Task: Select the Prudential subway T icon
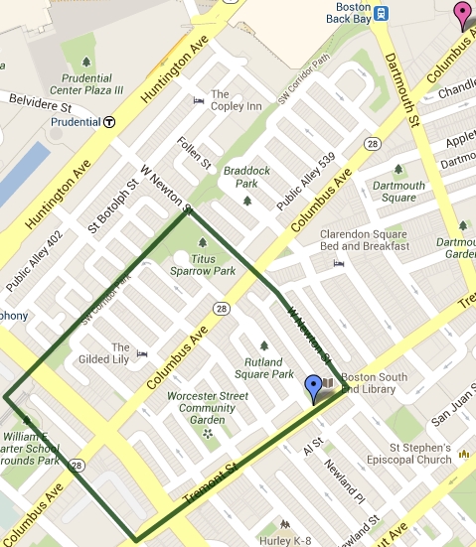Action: pyautogui.click(x=109, y=122)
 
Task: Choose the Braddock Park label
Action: pyautogui.click(x=246, y=177)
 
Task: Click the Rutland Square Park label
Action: pyautogui.click(x=263, y=368)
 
